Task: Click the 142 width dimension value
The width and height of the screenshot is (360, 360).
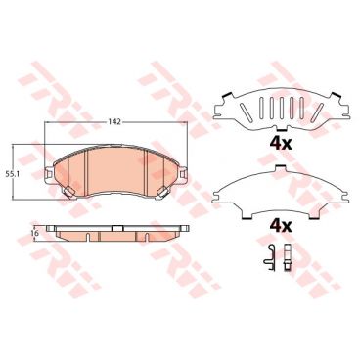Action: (x=115, y=121)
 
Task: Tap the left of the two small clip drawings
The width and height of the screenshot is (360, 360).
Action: (x=267, y=259)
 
